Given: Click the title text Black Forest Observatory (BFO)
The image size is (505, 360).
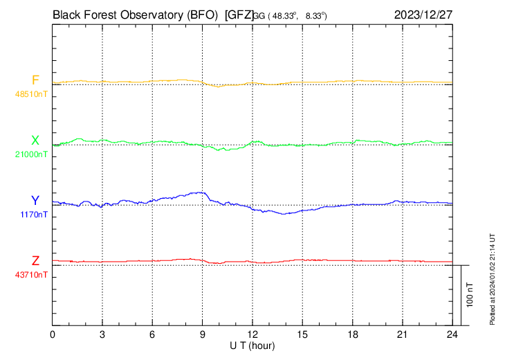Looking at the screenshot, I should pos(136,14).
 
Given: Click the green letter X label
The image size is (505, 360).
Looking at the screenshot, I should pos(35,141).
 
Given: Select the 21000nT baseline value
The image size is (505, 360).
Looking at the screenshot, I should pos(32,154).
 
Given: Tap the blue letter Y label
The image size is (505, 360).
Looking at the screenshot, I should pos(35,201).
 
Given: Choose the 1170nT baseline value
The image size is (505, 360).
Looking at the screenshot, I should pos(34,214).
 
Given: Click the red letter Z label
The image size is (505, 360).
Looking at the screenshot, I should pos(35,261).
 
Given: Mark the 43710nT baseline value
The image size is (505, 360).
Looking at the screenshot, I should pos(32,274).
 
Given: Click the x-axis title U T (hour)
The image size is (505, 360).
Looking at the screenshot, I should pos(252,345).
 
